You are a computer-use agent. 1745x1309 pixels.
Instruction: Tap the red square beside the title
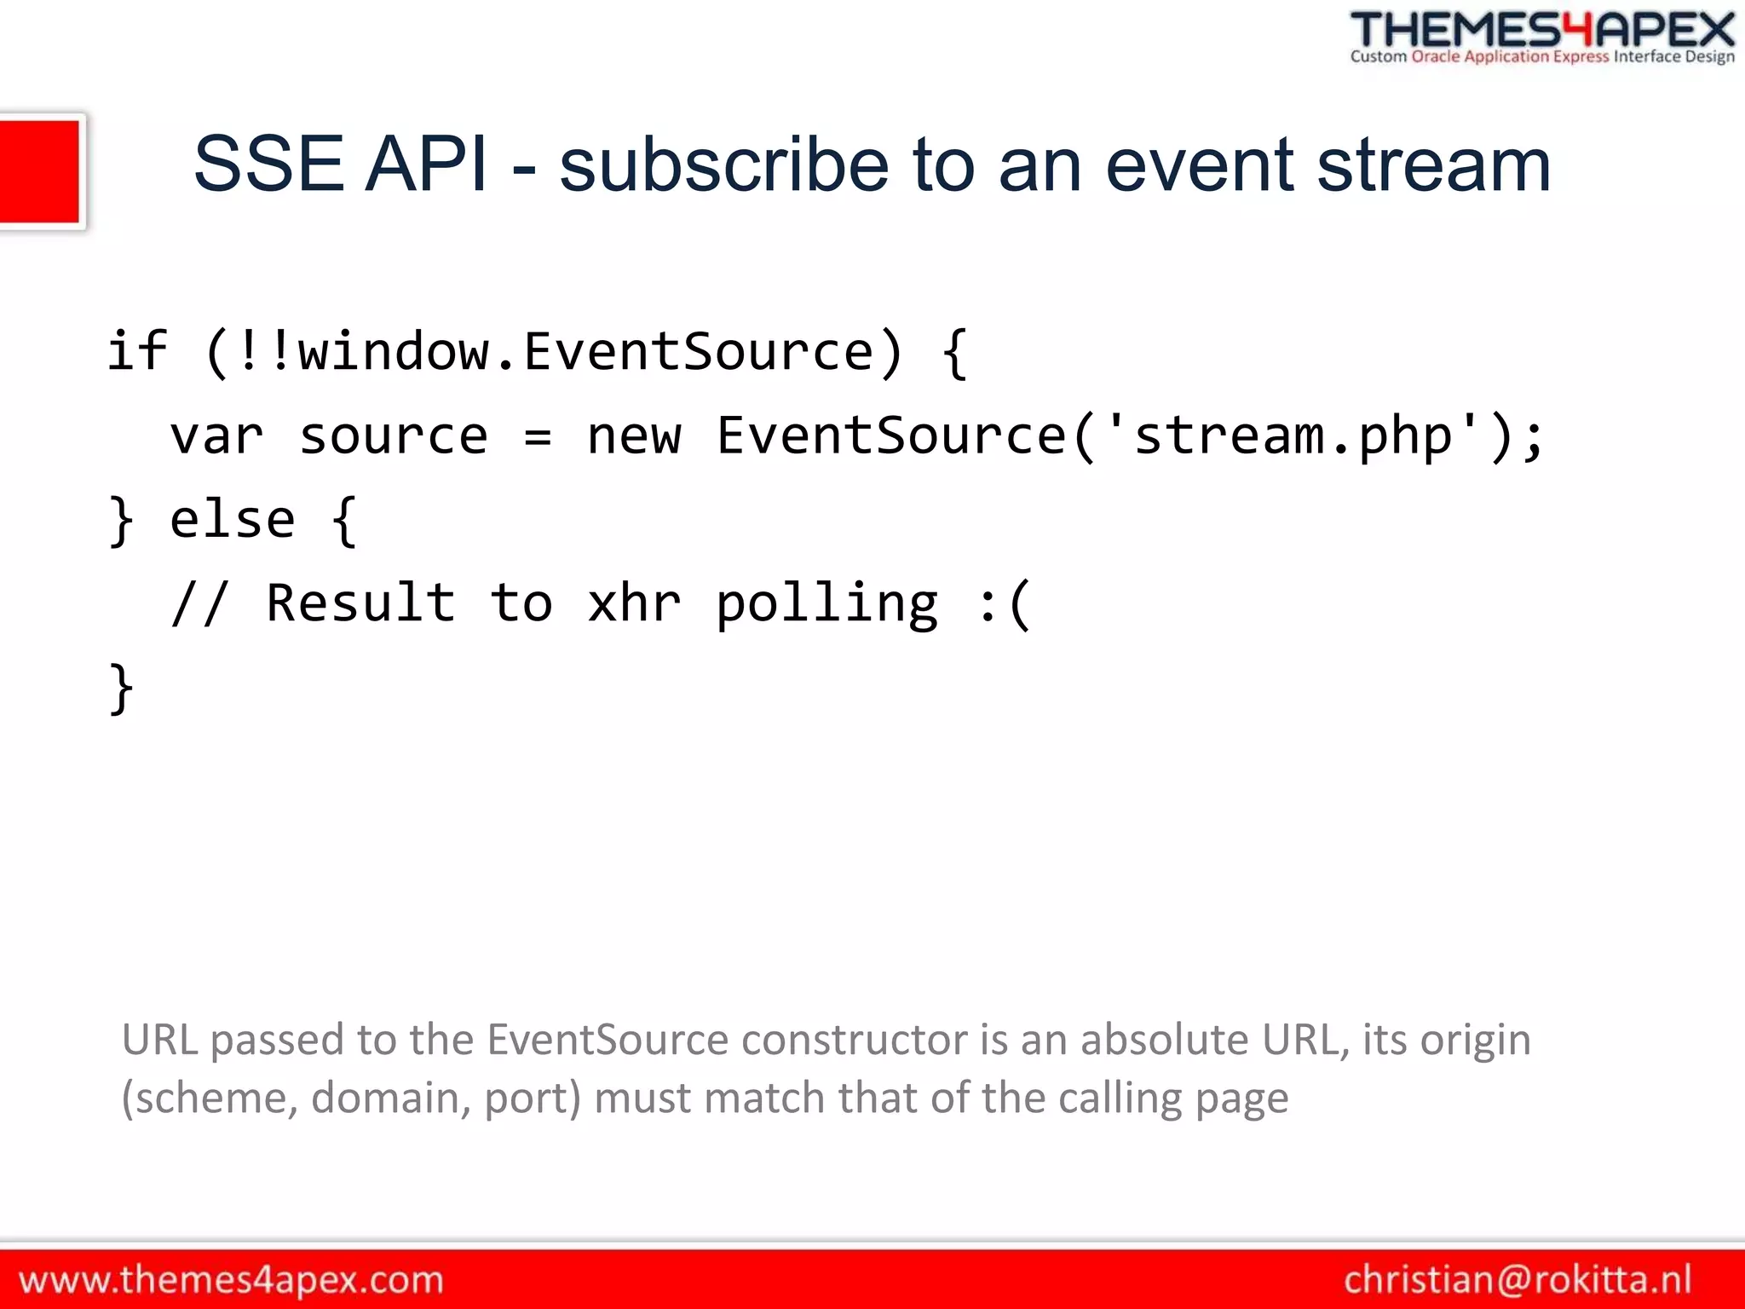click(40, 171)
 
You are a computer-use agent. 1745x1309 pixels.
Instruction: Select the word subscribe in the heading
click(724, 164)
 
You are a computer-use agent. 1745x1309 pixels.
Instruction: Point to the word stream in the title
click(1433, 164)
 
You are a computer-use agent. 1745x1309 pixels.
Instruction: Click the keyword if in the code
click(137, 350)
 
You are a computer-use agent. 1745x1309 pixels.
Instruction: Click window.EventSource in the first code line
click(586, 350)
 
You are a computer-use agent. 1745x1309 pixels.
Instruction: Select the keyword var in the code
click(216, 435)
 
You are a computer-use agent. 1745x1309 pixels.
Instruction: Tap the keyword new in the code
click(634, 435)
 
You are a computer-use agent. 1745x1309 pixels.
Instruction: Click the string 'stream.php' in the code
click(1293, 435)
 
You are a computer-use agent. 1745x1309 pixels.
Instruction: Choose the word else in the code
click(232, 519)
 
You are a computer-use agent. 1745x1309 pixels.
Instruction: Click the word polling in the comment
click(826, 603)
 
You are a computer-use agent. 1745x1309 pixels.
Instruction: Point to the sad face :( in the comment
click(1005, 603)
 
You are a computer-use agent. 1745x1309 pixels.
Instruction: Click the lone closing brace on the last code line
click(121, 688)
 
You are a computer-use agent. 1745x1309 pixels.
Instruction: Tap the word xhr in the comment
click(634, 603)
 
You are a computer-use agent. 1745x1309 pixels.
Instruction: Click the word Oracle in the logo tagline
click(1436, 57)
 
